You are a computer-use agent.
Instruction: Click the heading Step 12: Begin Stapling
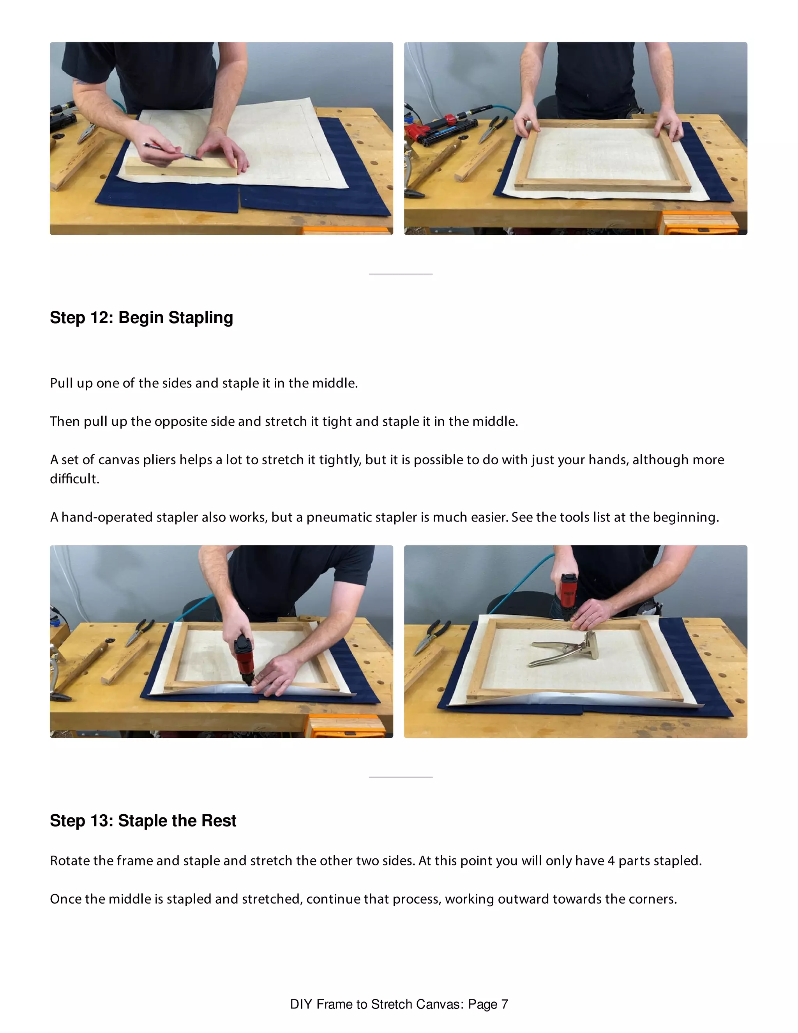click(141, 317)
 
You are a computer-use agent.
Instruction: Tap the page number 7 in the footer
click(505, 1004)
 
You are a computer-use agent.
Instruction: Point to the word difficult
click(74, 479)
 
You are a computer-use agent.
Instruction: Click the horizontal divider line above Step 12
click(401, 274)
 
